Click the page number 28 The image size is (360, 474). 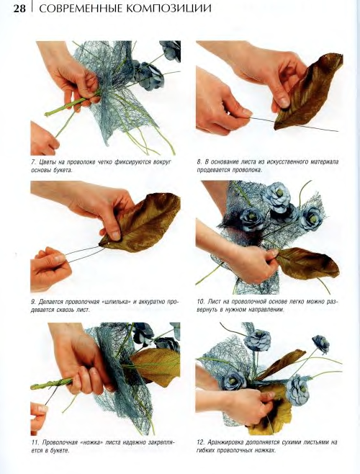pos(19,9)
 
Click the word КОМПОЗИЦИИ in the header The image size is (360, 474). pos(168,9)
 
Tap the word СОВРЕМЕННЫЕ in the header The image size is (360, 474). pos(81,9)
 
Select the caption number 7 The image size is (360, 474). pos(33,162)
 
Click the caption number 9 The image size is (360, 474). pos(33,302)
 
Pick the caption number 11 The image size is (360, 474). pos(35,442)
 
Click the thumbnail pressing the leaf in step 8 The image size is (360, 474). pos(284,102)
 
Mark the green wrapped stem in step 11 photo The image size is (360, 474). pos(51,384)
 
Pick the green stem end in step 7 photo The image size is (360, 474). pos(48,114)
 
